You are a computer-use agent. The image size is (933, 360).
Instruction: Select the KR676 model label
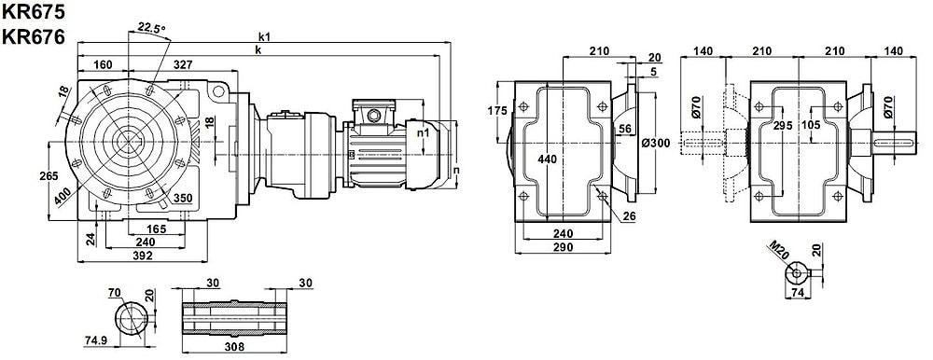coord(34,37)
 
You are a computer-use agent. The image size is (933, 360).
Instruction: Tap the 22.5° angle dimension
coord(151,27)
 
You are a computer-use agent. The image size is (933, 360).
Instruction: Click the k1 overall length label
coord(265,37)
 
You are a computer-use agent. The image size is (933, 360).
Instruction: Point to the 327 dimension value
coord(183,63)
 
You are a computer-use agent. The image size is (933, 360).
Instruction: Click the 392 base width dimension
coord(142,256)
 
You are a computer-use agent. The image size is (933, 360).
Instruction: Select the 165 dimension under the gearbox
coord(157,228)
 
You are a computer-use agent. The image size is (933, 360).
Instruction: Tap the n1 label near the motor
coord(423,133)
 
